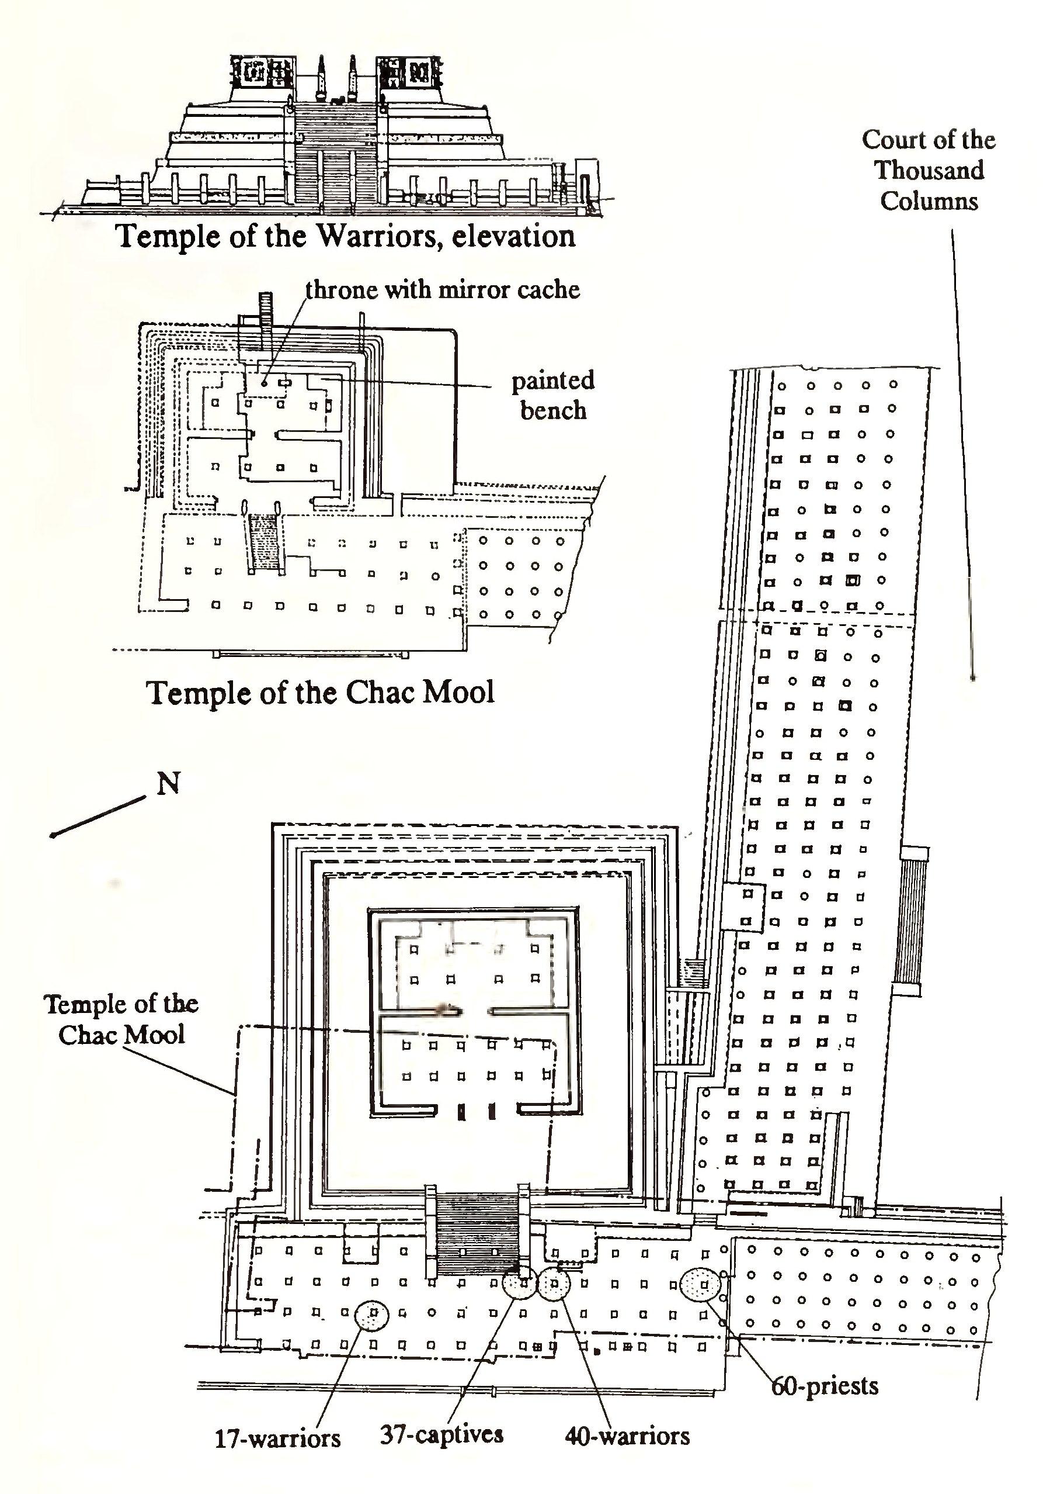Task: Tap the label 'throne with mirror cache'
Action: point(442,289)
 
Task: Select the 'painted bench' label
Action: point(552,395)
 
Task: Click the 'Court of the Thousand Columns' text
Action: point(929,171)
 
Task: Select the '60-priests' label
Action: point(825,1386)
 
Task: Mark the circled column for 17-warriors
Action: point(372,1315)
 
